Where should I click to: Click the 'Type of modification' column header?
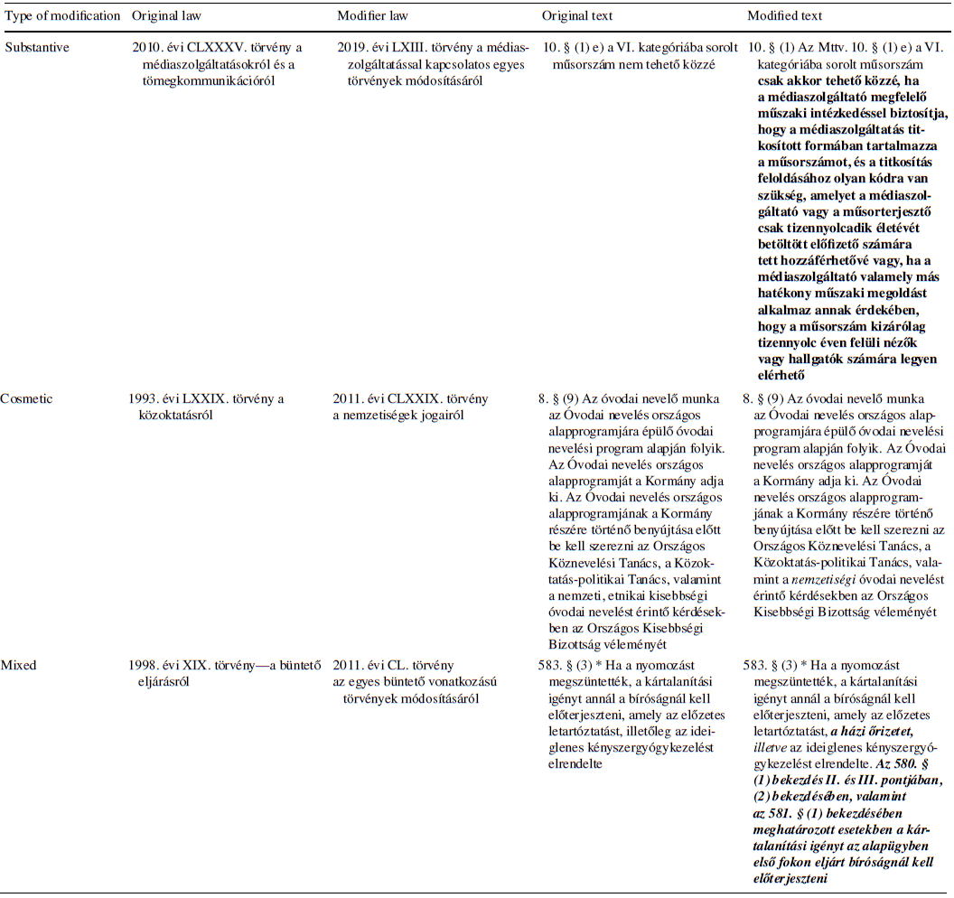click(x=61, y=16)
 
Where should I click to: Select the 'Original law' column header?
click(x=165, y=16)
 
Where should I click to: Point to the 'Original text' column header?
click(x=577, y=16)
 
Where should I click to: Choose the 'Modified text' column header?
click(x=785, y=16)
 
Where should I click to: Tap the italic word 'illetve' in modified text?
click(x=772, y=747)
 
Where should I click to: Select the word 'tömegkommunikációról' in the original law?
click(x=203, y=81)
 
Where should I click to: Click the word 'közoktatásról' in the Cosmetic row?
click(x=172, y=414)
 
